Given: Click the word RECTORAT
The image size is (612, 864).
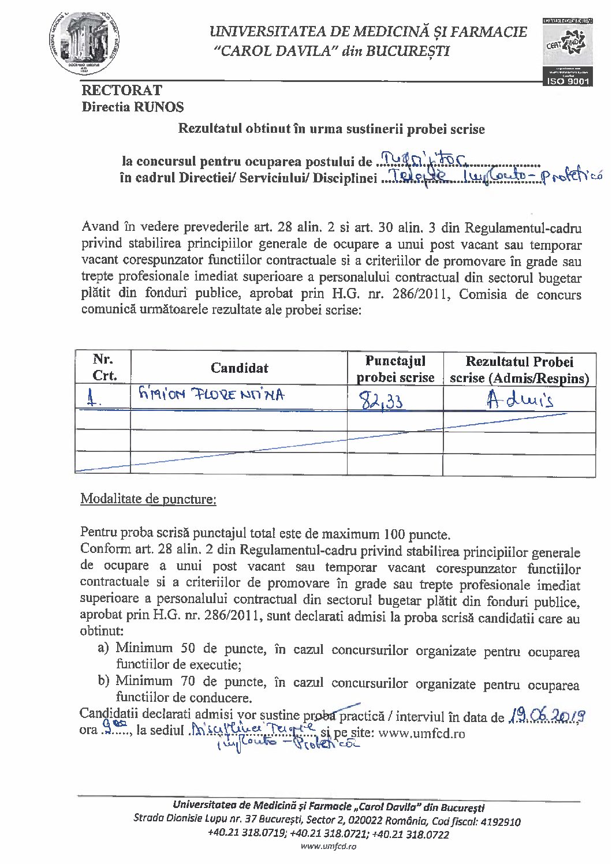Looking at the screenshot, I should coord(122,90).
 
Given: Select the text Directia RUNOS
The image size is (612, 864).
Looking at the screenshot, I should coord(133,107).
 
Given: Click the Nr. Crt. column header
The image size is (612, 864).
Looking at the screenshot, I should coord(104,368).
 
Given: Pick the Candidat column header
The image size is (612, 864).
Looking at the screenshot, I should coord(239,368).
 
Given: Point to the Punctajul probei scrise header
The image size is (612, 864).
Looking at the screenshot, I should coord(395,369).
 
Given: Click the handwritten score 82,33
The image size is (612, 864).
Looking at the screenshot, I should coord(382,400).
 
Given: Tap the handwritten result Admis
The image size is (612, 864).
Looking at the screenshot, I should coord(520,399).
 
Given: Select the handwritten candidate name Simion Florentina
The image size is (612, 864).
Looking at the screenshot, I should coord(211,395).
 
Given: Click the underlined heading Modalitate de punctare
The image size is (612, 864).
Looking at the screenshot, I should coord(148,499).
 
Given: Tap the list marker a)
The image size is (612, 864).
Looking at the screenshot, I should coord(103,648).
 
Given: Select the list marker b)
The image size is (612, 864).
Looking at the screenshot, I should coord(103,681).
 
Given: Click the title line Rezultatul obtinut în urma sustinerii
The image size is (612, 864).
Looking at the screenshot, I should coord(331,129).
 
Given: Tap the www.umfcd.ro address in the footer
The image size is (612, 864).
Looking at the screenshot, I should coord(329,846).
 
